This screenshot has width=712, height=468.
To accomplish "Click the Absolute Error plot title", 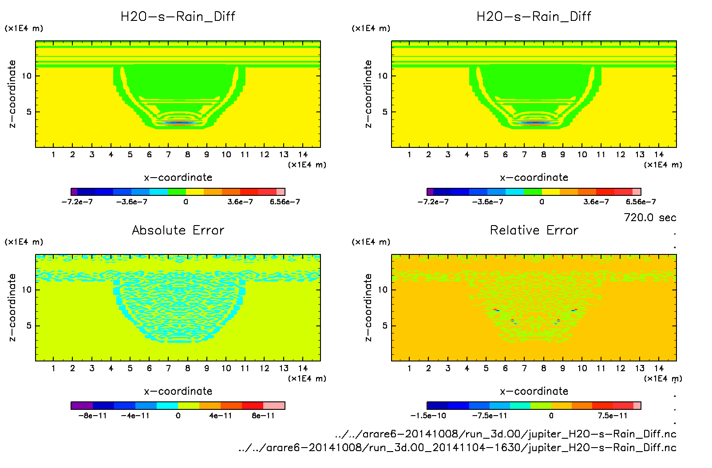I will (x=178, y=230).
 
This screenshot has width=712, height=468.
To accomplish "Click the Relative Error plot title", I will (x=534, y=230).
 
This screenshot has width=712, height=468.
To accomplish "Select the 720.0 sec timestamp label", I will (x=649, y=218).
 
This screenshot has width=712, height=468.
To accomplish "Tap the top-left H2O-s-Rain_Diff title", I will (x=178, y=16).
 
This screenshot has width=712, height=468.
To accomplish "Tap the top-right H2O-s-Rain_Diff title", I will (x=534, y=16).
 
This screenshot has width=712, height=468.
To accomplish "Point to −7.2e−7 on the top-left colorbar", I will (x=77, y=202).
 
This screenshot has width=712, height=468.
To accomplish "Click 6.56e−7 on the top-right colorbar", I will (x=641, y=202).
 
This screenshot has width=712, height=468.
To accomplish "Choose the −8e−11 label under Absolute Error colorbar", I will (x=93, y=416).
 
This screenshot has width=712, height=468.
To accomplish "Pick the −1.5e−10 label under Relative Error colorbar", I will (x=428, y=416).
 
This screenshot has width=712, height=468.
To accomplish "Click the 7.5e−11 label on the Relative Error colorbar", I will (x=612, y=416).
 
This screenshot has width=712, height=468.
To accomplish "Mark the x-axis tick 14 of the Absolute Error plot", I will (x=303, y=368).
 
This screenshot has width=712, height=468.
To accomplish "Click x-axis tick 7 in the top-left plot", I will (x=168, y=155).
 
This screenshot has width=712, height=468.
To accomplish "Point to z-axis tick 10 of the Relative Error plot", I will (x=383, y=290).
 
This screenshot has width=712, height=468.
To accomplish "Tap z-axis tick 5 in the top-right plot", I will (x=385, y=112).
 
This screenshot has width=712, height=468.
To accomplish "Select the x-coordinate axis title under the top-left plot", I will (x=178, y=178).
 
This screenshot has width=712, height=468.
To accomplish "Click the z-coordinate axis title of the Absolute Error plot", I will (x=12, y=307).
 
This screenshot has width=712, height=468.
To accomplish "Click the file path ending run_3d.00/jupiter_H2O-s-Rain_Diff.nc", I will (x=506, y=434).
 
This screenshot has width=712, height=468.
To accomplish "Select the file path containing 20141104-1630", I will (x=457, y=448).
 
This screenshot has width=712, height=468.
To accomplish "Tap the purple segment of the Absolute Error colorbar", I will (x=82, y=405).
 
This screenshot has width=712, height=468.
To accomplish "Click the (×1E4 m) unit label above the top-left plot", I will (x=24, y=28).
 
